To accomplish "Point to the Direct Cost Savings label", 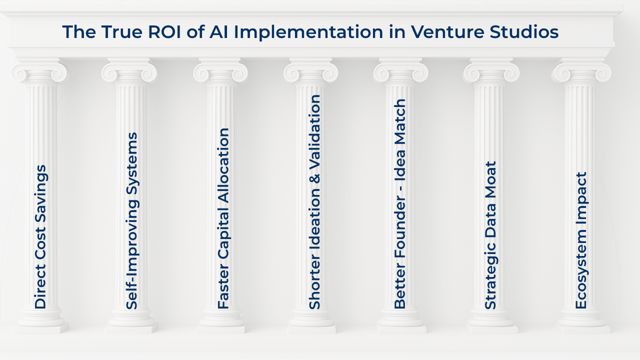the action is pyautogui.click(x=40, y=236).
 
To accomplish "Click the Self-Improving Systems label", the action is pyautogui.click(x=131, y=220).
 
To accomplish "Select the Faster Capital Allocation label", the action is pyautogui.click(x=223, y=218).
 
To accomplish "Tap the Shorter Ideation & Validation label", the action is pyautogui.click(x=314, y=201).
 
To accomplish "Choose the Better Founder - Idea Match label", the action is pyautogui.click(x=400, y=203).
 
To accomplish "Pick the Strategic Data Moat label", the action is pyautogui.click(x=491, y=235).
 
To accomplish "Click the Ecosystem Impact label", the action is pyautogui.click(x=581, y=240).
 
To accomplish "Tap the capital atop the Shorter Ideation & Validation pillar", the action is pyautogui.click(x=311, y=71).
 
